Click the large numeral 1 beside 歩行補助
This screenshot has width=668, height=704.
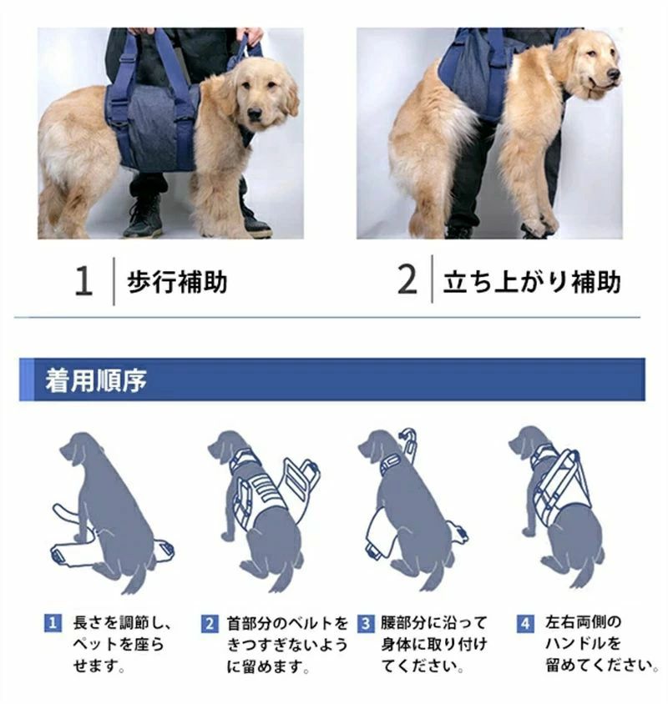(83, 280)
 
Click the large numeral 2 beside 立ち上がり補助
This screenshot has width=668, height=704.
(407, 279)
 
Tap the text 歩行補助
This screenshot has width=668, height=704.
(177, 282)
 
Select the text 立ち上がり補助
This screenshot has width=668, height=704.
(532, 282)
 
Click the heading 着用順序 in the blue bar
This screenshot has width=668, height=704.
(96, 380)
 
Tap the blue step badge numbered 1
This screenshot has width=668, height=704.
(53, 623)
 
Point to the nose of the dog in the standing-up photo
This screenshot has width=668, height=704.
(613, 73)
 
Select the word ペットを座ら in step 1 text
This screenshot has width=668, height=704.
(119, 644)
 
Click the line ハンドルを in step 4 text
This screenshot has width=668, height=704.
(583, 643)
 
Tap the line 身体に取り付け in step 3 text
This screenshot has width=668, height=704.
(434, 644)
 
